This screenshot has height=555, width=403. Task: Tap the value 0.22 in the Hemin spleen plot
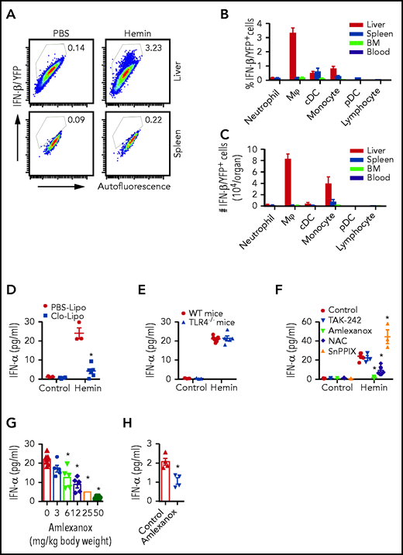pyautogui.click(x=146, y=120)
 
